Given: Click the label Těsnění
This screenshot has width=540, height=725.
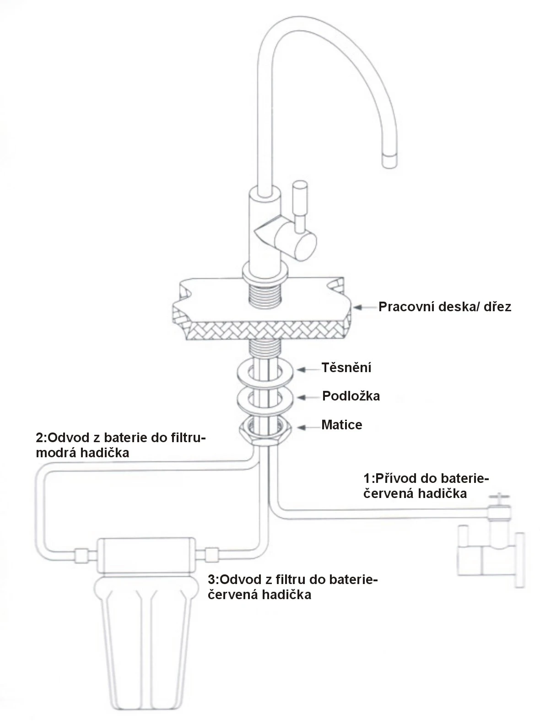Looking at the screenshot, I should click(346, 368).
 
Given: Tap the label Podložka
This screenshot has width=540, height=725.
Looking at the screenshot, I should click(351, 396).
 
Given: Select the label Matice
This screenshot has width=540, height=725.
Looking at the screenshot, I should click(341, 425).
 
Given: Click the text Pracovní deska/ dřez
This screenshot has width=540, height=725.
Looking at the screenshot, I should click(444, 307).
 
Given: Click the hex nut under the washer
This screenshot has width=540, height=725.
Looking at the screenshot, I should click(265, 430).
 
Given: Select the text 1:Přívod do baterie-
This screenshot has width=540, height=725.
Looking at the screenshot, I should click(426, 479).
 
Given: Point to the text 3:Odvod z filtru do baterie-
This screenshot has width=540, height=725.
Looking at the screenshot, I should click(293, 579).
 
